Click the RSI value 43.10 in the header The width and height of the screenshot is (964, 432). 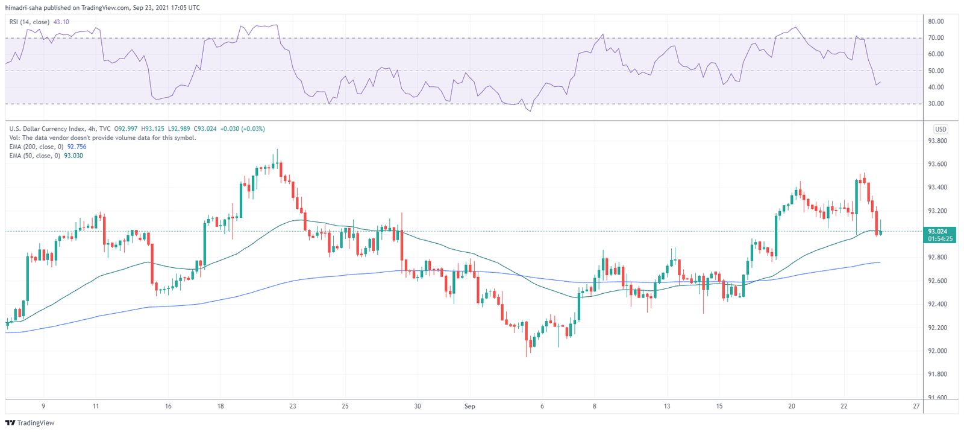pos(61,22)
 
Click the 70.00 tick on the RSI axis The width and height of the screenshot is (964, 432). pos(935,37)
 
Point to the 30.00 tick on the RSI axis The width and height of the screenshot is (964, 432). pos(935,104)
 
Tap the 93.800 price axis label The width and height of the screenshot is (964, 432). pos(937,141)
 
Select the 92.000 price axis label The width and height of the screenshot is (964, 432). pos(937,351)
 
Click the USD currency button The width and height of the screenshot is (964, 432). pos(940,129)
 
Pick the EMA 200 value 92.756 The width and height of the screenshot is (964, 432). pos(77,147)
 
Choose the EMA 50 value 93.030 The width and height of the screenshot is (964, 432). pos(74,156)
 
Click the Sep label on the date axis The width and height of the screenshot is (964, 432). pos(469,406)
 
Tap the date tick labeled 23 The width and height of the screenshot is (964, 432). pos(292,406)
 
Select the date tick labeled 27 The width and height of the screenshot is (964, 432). pos(916,406)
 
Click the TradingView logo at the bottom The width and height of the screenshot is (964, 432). pos(30,422)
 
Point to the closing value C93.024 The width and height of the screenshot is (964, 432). pos(205,129)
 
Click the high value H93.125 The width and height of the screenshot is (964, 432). pos(153,129)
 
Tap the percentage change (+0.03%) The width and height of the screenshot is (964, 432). pos(253,129)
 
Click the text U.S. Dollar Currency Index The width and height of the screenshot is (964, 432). pos(47,129)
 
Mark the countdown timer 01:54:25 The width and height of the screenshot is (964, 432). pos(940,239)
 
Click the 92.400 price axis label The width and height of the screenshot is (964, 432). pos(937,304)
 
